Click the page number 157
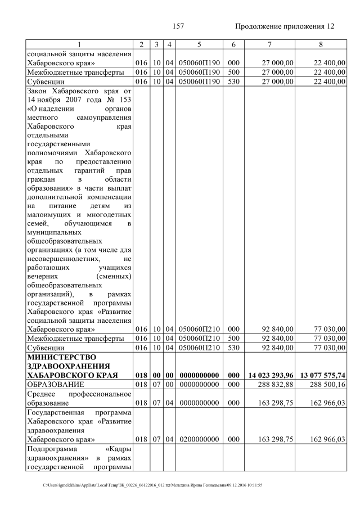[x=179, y=26]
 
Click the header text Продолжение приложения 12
[x=285, y=26]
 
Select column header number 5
[x=199, y=44]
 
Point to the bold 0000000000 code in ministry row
[x=199, y=375]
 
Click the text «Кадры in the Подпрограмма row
[x=119, y=449]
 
